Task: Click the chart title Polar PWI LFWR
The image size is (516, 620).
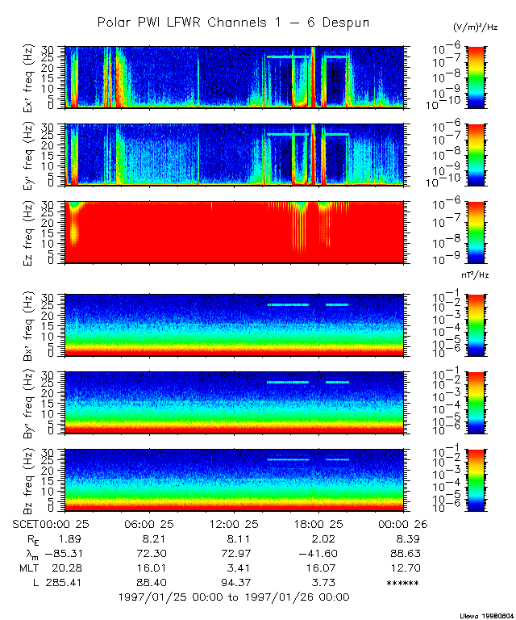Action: pyautogui.click(x=233, y=22)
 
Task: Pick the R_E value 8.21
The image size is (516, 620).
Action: pyautogui.click(x=153, y=538)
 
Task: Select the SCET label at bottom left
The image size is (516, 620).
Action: pyautogui.click(x=26, y=525)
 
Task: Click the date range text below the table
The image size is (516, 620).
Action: pyautogui.click(x=233, y=597)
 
